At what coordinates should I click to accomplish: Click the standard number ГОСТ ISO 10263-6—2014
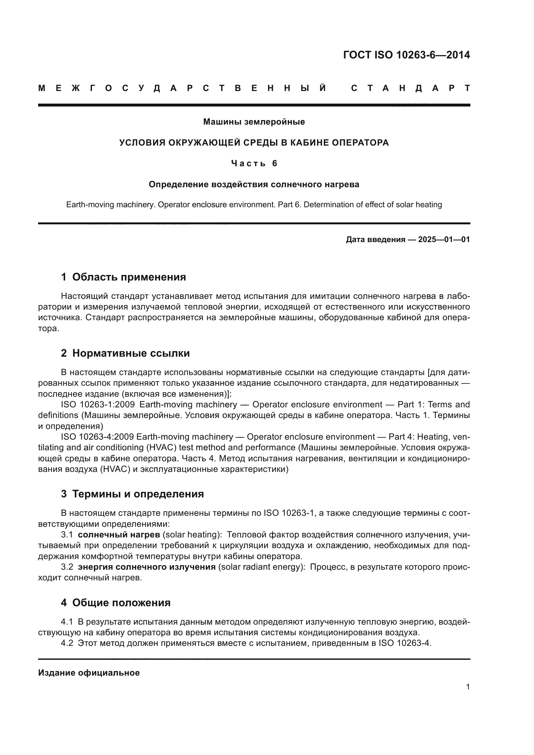click(x=406, y=55)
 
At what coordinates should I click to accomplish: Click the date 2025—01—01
click(x=444, y=240)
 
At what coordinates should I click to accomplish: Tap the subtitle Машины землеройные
click(x=254, y=122)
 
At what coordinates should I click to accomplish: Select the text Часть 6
click(x=254, y=163)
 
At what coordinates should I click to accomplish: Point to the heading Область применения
click(x=129, y=277)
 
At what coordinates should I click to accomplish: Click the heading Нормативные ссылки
click(x=131, y=353)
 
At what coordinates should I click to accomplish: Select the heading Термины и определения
click(x=138, y=494)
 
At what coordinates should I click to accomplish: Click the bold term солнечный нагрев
click(x=119, y=535)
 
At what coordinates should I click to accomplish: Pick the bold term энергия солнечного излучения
click(x=147, y=567)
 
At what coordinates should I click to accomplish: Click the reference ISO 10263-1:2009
click(x=98, y=404)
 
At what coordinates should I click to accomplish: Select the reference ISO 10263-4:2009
click(x=97, y=437)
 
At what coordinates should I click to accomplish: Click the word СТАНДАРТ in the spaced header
click(x=410, y=88)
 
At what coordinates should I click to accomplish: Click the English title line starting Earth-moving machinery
click(x=254, y=205)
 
